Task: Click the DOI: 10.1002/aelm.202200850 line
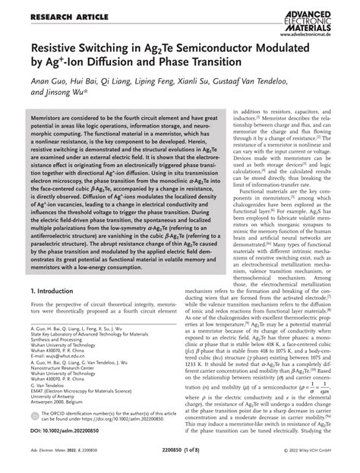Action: click(67, 430)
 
